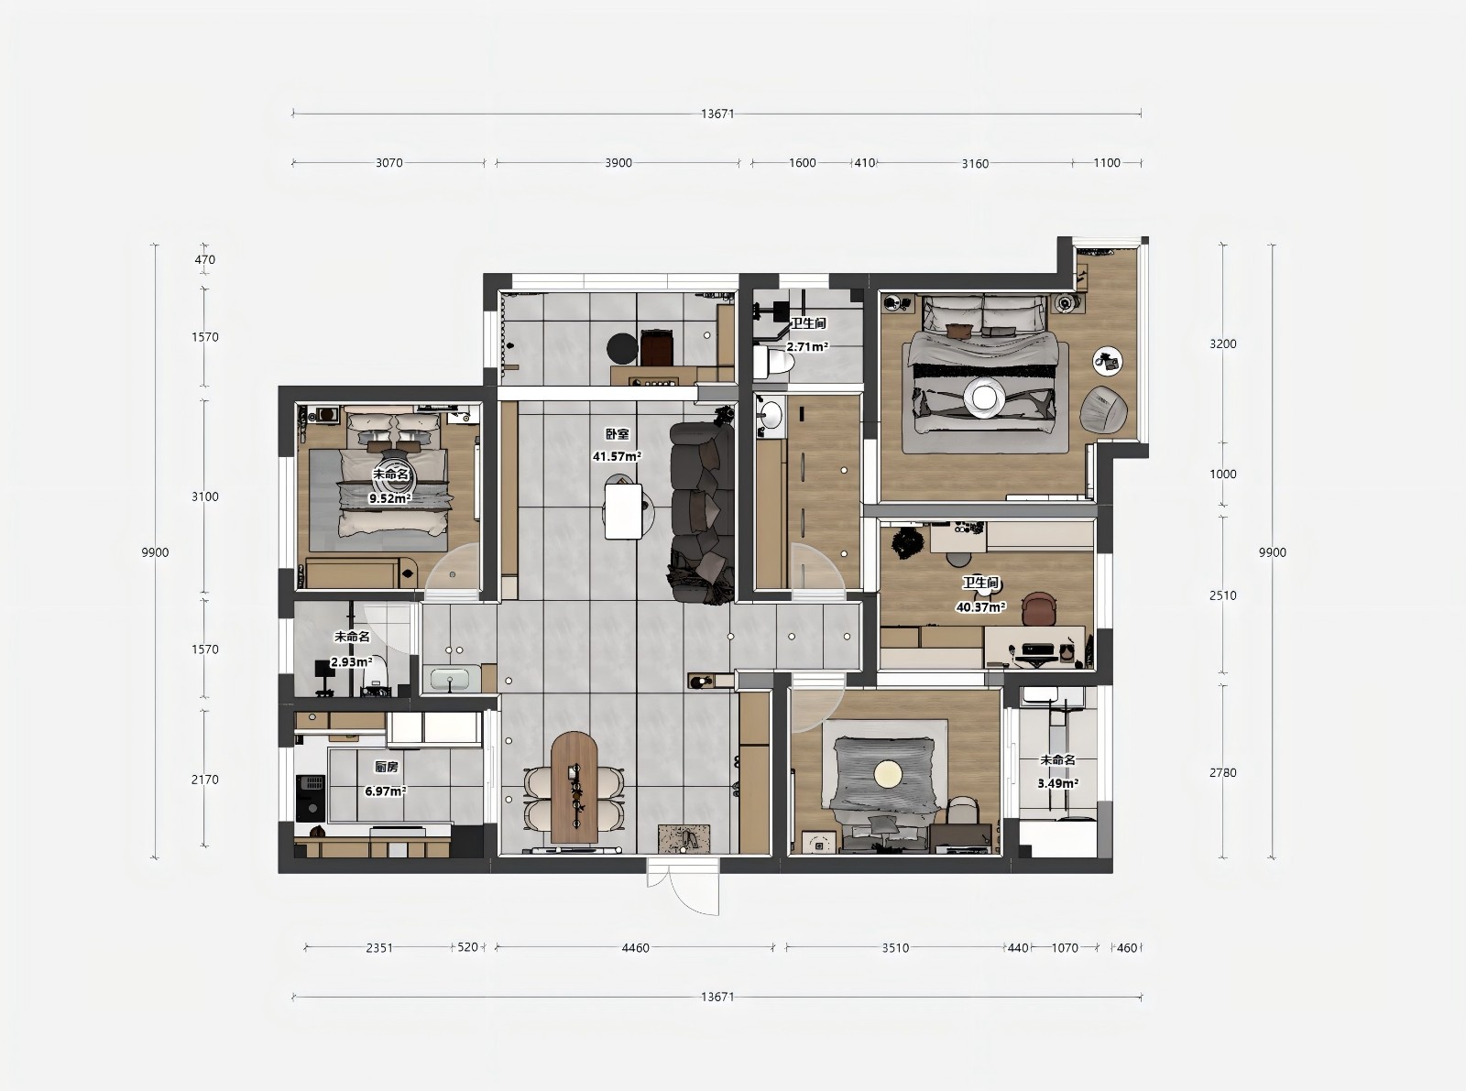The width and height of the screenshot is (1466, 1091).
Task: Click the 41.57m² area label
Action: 617,456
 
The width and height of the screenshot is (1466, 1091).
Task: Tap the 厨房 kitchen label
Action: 387,767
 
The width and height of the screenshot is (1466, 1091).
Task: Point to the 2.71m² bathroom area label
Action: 807,346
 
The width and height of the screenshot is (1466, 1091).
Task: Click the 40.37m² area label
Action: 981,606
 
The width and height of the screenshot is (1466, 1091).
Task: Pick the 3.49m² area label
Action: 1058,783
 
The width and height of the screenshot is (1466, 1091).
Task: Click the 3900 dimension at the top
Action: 618,163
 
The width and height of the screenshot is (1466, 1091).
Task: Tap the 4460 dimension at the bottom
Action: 635,947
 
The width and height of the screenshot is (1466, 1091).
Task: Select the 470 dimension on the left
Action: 205,260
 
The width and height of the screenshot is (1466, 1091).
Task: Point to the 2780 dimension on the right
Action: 1223,772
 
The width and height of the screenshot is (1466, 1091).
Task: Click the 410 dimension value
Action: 865,163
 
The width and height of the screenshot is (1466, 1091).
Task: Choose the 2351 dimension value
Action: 379,947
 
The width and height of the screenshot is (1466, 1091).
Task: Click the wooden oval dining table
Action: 574,787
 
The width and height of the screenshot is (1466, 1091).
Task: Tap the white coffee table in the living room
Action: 623,511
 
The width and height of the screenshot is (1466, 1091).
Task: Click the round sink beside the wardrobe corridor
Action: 771,416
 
